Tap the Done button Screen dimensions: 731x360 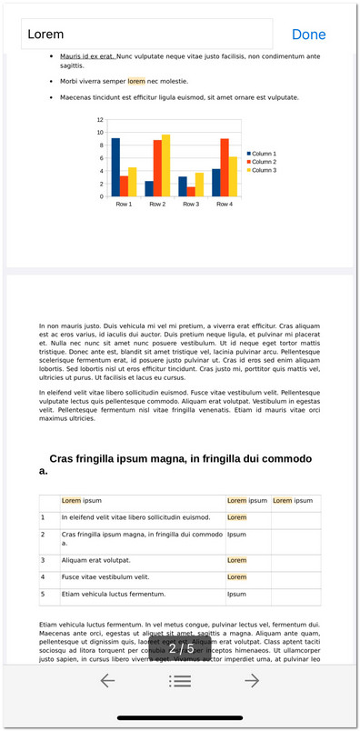coord(308,35)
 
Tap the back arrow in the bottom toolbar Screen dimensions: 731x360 coord(107,680)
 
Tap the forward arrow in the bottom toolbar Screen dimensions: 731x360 coord(252,680)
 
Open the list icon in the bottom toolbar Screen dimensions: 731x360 coord(180,680)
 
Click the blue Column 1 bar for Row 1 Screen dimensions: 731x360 coord(115,167)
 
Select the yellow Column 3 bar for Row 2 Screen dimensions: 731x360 coord(165,165)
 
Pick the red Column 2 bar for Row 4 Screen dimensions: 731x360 coord(224,167)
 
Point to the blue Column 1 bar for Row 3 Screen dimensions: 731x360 coord(182,186)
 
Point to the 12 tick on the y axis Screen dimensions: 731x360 coord(100,120)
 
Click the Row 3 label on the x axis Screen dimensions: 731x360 coord(190,204)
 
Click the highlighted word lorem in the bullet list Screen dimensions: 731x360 coord(136,81)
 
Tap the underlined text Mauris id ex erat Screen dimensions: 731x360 coord(87,56)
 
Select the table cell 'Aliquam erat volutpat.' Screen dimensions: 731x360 coord(95,560)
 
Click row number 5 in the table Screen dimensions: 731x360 coord(43,594)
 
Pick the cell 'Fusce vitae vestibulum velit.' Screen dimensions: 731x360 coord(105,576)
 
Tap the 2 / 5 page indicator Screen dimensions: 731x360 coord(181,649)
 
